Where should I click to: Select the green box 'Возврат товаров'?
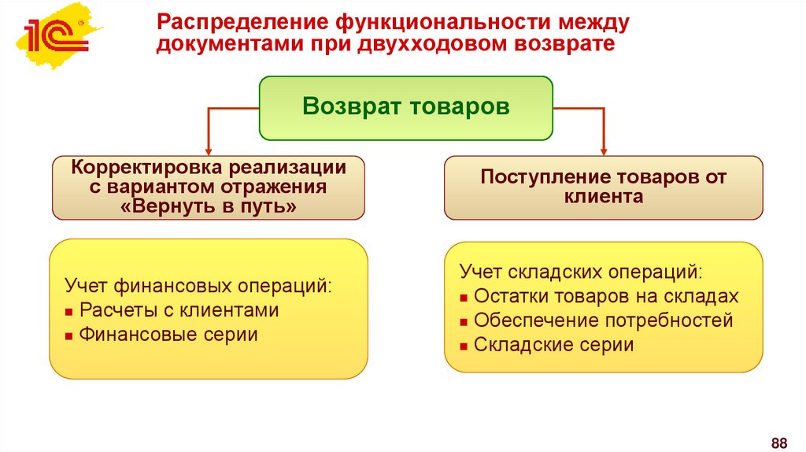click(406, 108)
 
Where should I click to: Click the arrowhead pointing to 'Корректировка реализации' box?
click(208, 149)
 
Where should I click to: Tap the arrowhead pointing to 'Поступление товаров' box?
click(604, 149)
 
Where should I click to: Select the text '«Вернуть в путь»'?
click(209, 207)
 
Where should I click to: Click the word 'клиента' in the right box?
click(604, 197)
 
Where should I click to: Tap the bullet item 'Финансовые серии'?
click(168, 335)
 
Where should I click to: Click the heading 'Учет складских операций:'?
click(581, 272)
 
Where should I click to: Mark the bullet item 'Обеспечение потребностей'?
click(604, 321)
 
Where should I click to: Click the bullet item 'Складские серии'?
click(554, 345)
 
